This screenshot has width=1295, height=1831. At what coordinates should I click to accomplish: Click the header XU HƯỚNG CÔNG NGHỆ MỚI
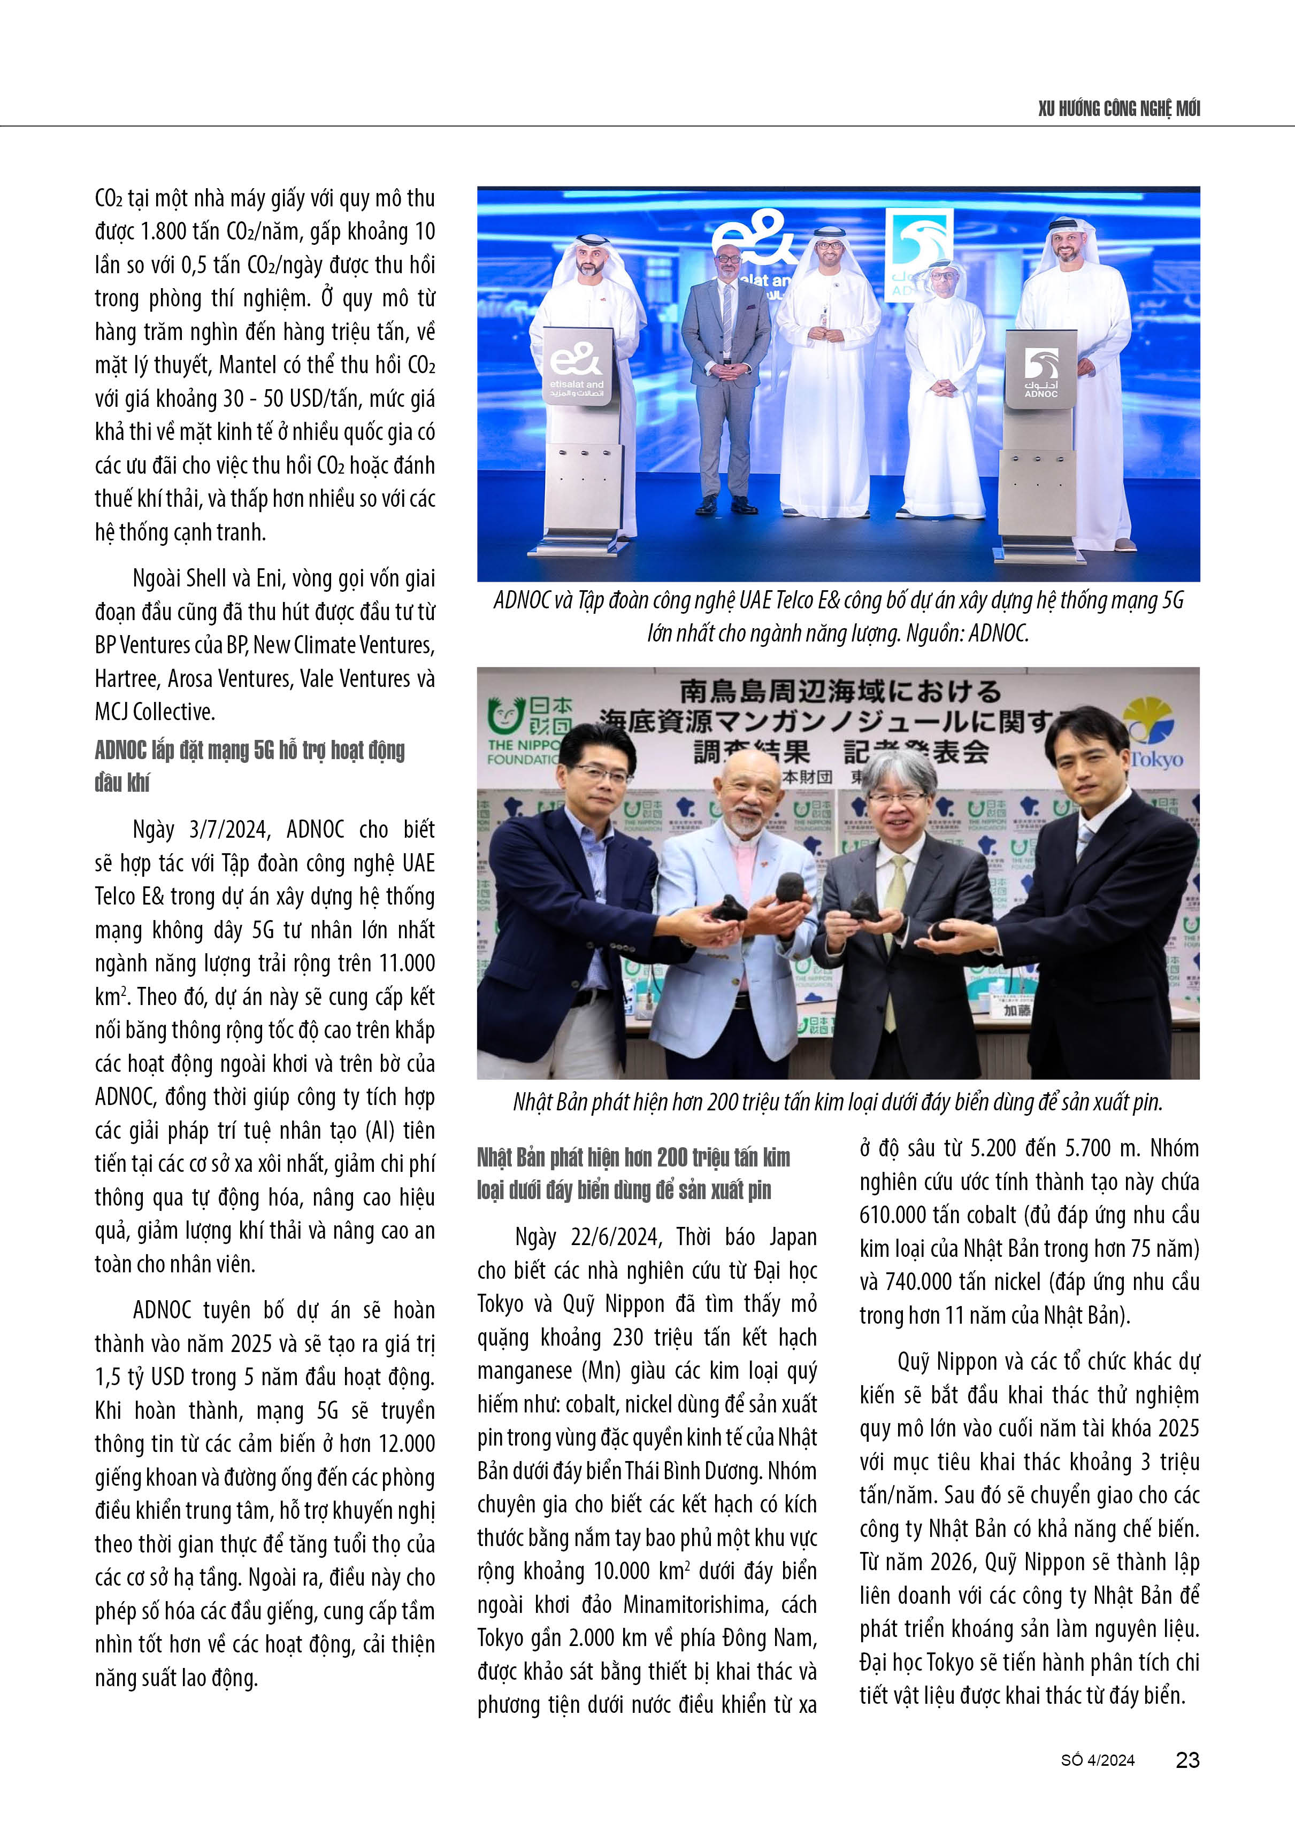point(1118,109)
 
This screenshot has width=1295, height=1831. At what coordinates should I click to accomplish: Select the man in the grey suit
point(726,375)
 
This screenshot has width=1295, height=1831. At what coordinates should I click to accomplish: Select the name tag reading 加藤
point(1017,1010)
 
